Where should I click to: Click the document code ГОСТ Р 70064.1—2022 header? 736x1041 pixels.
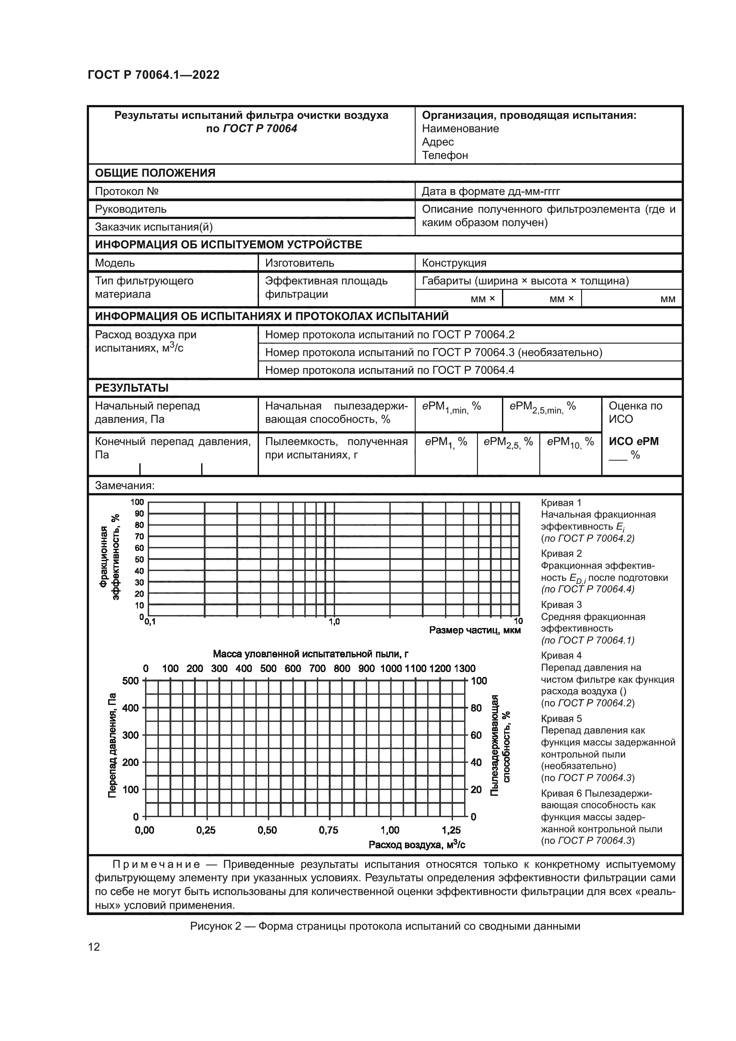point(153,75)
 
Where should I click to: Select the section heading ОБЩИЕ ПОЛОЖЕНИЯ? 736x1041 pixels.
point(155,173)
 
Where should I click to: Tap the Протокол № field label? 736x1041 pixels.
point(126,191)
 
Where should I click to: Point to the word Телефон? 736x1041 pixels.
point(445,155)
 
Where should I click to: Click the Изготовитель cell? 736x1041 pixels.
point(299,263)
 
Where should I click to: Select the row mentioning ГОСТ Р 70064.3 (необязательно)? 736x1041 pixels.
point(433,352)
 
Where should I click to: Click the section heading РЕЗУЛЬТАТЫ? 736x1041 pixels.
point(131,388)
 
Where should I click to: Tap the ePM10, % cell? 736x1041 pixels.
point(570,442)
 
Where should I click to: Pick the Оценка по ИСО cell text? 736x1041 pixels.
point(635,412)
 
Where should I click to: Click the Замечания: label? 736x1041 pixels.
point(125,486)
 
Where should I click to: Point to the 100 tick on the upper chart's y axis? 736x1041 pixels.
point(137,502)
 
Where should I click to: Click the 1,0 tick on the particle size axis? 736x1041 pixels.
point(334,622)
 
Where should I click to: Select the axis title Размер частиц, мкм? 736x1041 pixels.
point(474,630)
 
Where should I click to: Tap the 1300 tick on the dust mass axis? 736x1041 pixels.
point(465,668)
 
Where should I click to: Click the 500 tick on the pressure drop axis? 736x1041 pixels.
point(130,680)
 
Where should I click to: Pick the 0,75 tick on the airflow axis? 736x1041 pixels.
point(328,830)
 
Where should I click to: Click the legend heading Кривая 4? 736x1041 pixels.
point(561,656)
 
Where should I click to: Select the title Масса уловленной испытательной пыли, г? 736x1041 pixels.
point(311,654)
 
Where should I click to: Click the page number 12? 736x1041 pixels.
point(94,947)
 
